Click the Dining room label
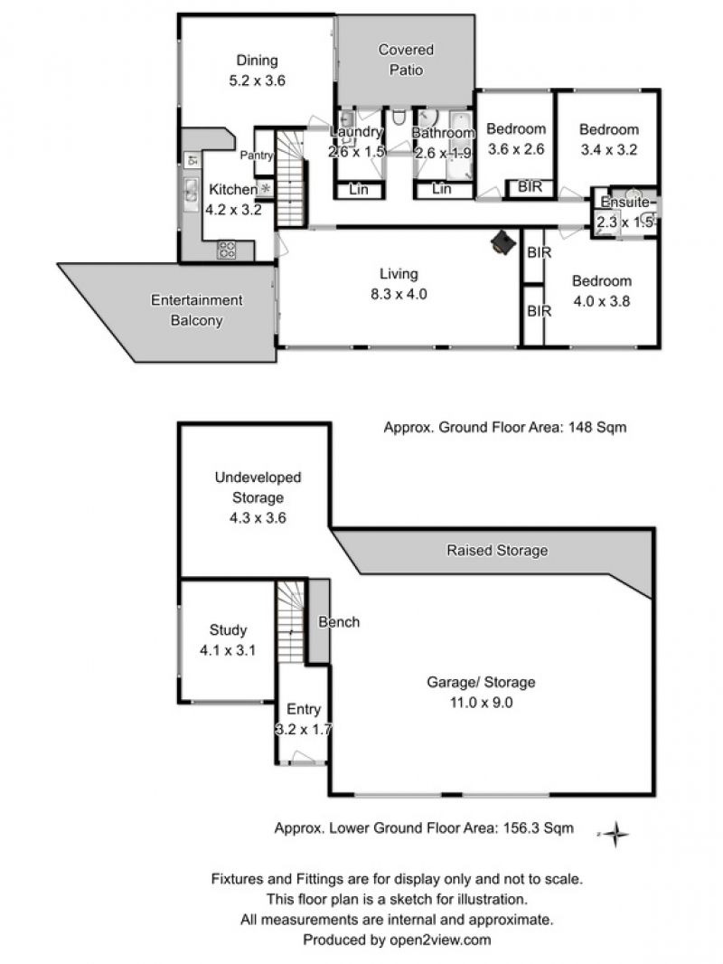click(257, 61)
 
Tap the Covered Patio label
click(406, 60)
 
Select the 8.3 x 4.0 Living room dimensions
click(399, 294)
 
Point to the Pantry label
click(256, 155)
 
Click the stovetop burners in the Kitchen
click(227, 249)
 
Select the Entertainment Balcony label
click(197, 310)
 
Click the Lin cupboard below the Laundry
click(359, 190)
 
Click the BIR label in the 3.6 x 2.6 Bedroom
click(531, 186)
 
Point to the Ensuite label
click(624, 203)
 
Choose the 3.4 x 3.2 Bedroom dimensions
click(609, 149)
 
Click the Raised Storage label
click(497, 550)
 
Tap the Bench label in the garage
click(339, 621)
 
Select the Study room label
click(228, 629)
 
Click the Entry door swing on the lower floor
click(302, 757)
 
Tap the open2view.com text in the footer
click(440, 940)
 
